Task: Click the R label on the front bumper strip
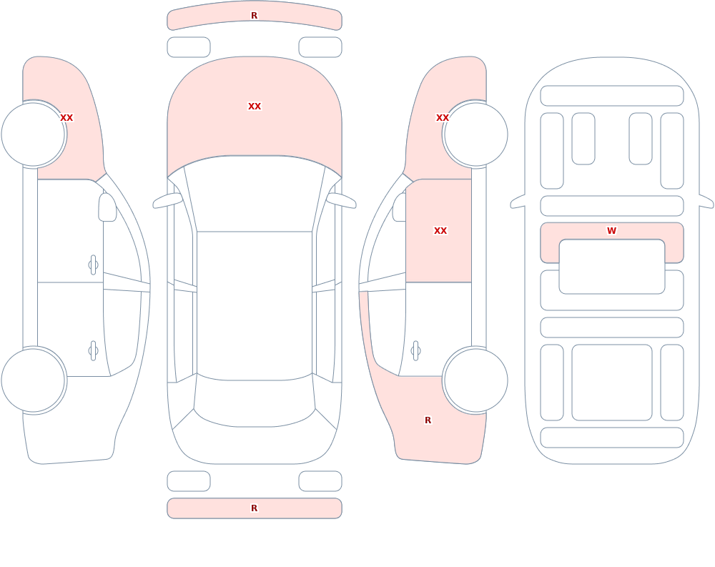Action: [x=254, y=16]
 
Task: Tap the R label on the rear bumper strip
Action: [x=254, y=508]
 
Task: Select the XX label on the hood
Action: [x=255, y=107]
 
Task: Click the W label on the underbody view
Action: [x=611, y=231]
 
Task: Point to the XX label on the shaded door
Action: [x=440, y=231]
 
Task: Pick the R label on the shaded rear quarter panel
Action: [x=428, y=420]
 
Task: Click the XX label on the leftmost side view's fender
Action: [x=66, y=118]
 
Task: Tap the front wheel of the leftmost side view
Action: [x=34, y=134]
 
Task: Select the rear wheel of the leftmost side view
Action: [x=34, y=380]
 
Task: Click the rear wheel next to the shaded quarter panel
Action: [x=475, y=380]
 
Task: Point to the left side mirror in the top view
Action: [x=167, y=200]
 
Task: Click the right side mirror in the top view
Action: [x=341, y=200]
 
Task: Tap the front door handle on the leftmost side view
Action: [x=93, y=265]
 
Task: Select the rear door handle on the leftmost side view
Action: [x=93, y=351]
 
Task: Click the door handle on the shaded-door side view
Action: [x=415, y=351]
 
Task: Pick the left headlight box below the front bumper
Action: [x=189, y=47]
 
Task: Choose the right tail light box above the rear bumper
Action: [x=320, y=481]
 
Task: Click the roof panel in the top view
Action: [x=255, y=305]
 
